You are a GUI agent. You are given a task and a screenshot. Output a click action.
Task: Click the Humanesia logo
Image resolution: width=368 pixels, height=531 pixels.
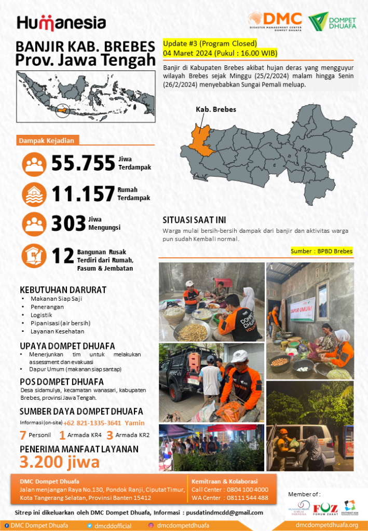pyautogui.click(x=61, y=23)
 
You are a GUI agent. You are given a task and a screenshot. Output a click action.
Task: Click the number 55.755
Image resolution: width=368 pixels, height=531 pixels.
pyautogui.click(x=83, y=163)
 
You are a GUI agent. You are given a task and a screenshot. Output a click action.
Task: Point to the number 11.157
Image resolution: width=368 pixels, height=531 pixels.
pyautogui.click(x=83, y=194)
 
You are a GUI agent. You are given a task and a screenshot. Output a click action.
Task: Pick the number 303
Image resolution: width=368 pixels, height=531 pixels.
pyautogui.click(x=69, y=223)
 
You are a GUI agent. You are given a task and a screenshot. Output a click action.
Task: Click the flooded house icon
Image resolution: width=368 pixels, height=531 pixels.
pyautogui.click(x=34, y=194)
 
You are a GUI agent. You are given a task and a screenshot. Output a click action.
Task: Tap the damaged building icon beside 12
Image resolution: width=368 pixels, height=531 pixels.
pyautogui.click(x=34, y=256)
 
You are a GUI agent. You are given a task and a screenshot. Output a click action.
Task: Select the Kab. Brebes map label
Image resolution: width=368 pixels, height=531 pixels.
pyautogui.click(x=216, y=109)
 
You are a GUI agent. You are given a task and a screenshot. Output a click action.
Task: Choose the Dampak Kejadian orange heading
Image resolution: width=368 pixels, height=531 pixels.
pyautogui.click(x=47, y=141)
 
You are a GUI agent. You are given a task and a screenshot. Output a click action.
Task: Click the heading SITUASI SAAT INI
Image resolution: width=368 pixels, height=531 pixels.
pyautogui.click(x=194, y=220)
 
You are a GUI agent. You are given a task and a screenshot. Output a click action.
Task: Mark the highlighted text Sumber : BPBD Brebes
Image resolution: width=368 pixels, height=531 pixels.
pyautogui.click(x=322, y=251)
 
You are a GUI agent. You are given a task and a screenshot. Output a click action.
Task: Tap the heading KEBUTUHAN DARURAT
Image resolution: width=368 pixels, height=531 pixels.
pyautogui.click(x=63, y=289)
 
